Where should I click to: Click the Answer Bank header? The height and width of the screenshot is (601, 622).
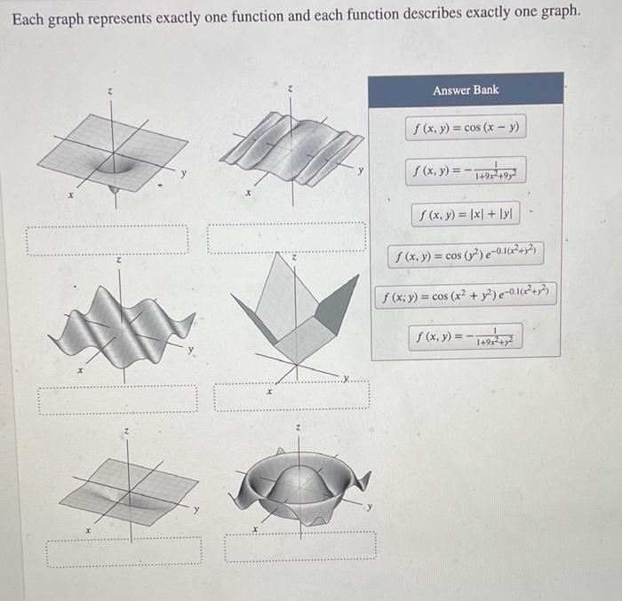(466, 90)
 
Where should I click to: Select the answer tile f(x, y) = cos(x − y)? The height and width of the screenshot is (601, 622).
(466, 129)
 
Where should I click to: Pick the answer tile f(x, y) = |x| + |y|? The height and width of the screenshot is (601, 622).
(466, 214)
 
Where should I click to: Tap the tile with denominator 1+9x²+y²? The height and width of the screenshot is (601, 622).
(466, 337)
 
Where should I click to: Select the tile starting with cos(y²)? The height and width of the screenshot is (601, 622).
(466, 256)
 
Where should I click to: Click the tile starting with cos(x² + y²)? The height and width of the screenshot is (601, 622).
(466, 293)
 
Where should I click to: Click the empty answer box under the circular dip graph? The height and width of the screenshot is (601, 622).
(108, 238)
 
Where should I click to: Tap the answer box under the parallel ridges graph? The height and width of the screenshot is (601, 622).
(286, 237)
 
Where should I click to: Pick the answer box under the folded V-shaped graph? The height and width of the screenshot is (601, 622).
(291, 396)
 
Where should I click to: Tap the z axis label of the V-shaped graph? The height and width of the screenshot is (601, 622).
(293, 257)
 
